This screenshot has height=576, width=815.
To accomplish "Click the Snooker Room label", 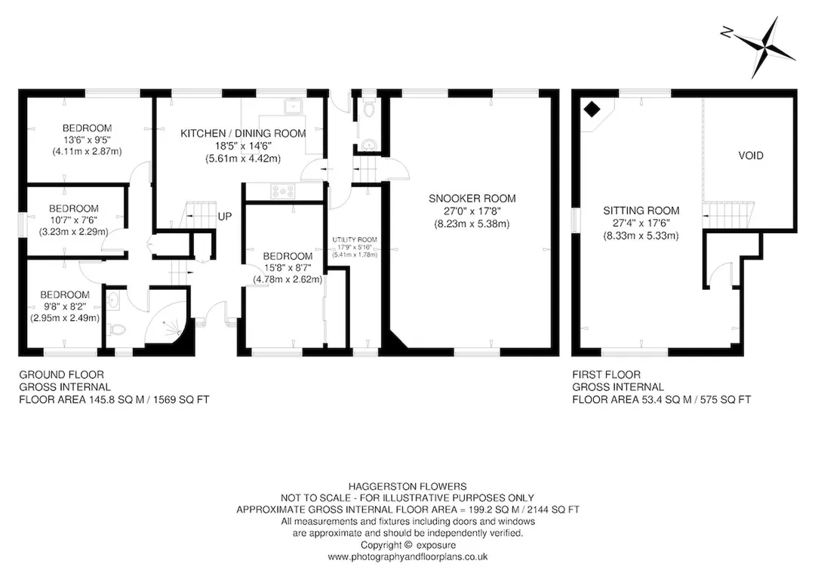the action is pyautogui.click(x=472, y=198).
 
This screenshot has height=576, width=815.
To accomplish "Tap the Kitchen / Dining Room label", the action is pyautogui.click(x=243, y=133).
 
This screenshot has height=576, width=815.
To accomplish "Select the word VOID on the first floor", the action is pyautogui.click(x=751, y=156).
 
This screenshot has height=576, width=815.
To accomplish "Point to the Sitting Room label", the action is pyautogui.click(x=641, y=211).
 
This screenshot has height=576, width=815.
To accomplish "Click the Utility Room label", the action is pyautogui.click(x=355, y=239).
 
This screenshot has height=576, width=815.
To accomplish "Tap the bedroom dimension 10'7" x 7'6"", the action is pyautogui.click(x=73, y=220).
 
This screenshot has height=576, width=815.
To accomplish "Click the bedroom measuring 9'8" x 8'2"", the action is pyautogui.click(x=64, y=306).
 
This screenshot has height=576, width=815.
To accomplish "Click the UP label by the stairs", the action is pyautogui.click(x=225, y=216).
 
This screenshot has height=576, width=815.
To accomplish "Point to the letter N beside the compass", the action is pyautogui.click(x=726, y=32).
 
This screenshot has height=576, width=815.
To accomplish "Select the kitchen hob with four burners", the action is pyautogui.click(x=282, y=191).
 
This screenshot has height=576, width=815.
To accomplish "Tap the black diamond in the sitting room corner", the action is pyautogui.click(x=592, y=109).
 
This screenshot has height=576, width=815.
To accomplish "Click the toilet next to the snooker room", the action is pyautogui.click(x=370, y=109).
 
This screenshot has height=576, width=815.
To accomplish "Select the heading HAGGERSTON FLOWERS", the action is pyautogui.click(x=407, y=487).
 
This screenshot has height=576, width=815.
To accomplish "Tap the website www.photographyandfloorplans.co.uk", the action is pyautogui.click(x=407, y=557).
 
